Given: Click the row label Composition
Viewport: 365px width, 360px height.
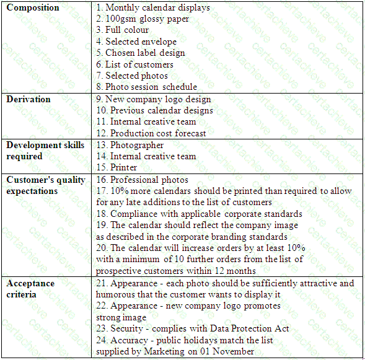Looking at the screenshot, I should click(33, 8).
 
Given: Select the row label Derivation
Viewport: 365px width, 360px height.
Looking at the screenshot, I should click(29, 99).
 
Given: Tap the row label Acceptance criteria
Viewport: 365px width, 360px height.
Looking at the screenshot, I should click(30, 289).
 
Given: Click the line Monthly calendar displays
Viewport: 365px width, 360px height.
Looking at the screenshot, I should click(153, 8).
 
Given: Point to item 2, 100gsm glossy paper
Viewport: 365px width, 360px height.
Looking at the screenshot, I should click(143, 19).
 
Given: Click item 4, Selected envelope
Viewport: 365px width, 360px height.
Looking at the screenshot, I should click(136, 42).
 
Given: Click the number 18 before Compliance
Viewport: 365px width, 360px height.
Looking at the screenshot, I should click(101, 214).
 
